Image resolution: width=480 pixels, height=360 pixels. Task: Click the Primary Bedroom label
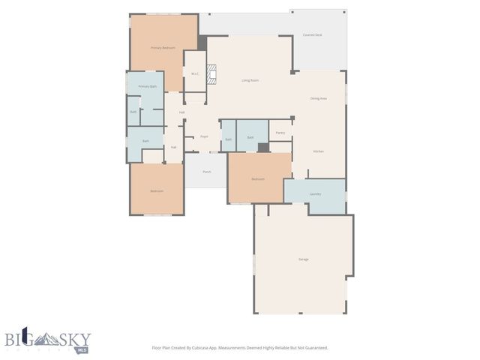coord(163,48)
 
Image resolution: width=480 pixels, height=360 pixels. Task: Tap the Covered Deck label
coord(312,35)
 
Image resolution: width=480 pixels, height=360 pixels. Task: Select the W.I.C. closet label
coord(194,73)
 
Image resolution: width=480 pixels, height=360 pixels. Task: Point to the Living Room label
coord(250,80)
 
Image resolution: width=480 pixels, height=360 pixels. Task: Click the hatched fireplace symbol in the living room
coord(211,74)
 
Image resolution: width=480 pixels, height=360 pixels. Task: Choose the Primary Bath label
coord(148,87)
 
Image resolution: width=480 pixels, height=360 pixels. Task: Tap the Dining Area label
coord(319,98)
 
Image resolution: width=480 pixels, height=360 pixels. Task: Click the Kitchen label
coord(318,151)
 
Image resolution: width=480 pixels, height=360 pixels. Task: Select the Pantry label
coord(280,133)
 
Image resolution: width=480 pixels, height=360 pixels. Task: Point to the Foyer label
coord(203,136)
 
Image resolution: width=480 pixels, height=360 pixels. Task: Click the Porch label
coord(206,172)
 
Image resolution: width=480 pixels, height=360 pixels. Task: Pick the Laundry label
coord(315,194)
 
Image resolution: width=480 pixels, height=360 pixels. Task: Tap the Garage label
coord(304,259)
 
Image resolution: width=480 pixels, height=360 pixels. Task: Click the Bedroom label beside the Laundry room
coord(258,179)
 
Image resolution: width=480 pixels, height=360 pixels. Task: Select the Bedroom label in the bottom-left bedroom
coord(156,191)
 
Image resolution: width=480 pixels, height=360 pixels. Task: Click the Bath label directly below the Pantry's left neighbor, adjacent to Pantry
coord(250,137)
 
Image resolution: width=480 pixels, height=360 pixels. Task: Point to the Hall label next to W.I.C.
coord(182,112)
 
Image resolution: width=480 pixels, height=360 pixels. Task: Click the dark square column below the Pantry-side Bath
coord(262,147)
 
